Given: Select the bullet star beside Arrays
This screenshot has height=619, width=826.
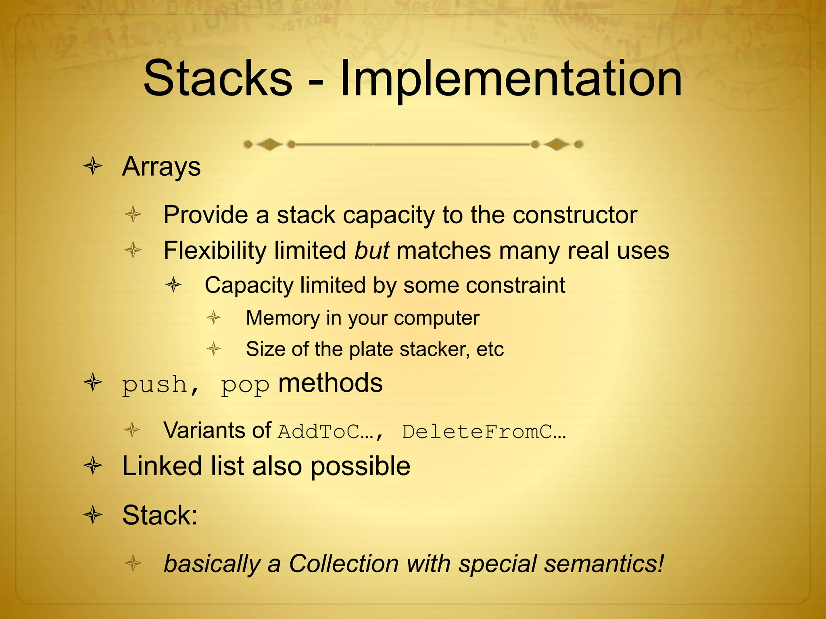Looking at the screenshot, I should pyautogui.click(x=93, y=166).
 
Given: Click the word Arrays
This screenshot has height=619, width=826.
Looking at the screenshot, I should pyautogui.click(x=161, y=167).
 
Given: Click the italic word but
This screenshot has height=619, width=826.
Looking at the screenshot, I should pyautogui.click(x=371, y=251).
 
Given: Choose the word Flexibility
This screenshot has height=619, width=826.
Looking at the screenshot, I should pyautogui.click(x=215, y=251).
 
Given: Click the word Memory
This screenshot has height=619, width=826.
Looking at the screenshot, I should pyautogui.click(x=283, y=318).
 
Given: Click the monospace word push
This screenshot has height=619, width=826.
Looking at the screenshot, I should pyautogui.click(x=155, y=384).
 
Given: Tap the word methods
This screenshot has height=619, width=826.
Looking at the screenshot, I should pyautogui.click(x=330, y=383).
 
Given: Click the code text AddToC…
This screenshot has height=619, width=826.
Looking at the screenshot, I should pyautogui.click(x=326, y=432).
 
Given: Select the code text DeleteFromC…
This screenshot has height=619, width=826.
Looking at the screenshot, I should pyautogui.click(x=484, y=432).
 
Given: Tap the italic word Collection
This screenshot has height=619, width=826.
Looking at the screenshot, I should pyautogui.click(x=344, y=563).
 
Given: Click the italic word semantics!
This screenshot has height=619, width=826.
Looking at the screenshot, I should pyautogui.click(x=604, y=563).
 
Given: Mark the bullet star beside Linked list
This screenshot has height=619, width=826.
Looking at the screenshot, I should pyautogui.click(x=93, y=466).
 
